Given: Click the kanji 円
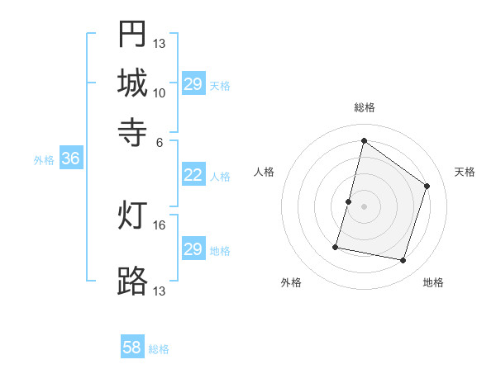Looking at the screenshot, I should tap(132, 34).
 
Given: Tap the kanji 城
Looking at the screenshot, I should tap(132, 83).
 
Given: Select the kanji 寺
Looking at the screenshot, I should tap(132, 131).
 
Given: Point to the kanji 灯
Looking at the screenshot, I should tap(132, 215).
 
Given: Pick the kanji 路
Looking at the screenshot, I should tap(132, 281).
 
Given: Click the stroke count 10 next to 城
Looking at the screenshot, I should tap(160, 92).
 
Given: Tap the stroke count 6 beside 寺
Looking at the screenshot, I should tap(160, 141).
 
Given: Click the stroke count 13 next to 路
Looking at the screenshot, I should tap(160, 291).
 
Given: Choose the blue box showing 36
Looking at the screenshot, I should tap(70, 159).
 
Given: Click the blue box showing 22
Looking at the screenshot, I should tap(193, 175).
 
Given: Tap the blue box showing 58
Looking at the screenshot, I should tap(132, 348).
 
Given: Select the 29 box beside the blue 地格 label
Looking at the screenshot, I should tap(193, 249).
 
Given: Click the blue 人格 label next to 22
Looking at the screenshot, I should tap(220, 176).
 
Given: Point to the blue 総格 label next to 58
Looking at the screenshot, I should tap(159, 349).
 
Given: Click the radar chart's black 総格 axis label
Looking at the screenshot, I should tap(364, 107).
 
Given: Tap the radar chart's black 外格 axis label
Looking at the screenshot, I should tap(291, 282).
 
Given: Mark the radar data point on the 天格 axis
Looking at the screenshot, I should tap(427, 186).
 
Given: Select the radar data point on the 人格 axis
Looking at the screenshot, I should tap(348, 201).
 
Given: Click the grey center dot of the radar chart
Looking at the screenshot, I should tap(364, 206).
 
